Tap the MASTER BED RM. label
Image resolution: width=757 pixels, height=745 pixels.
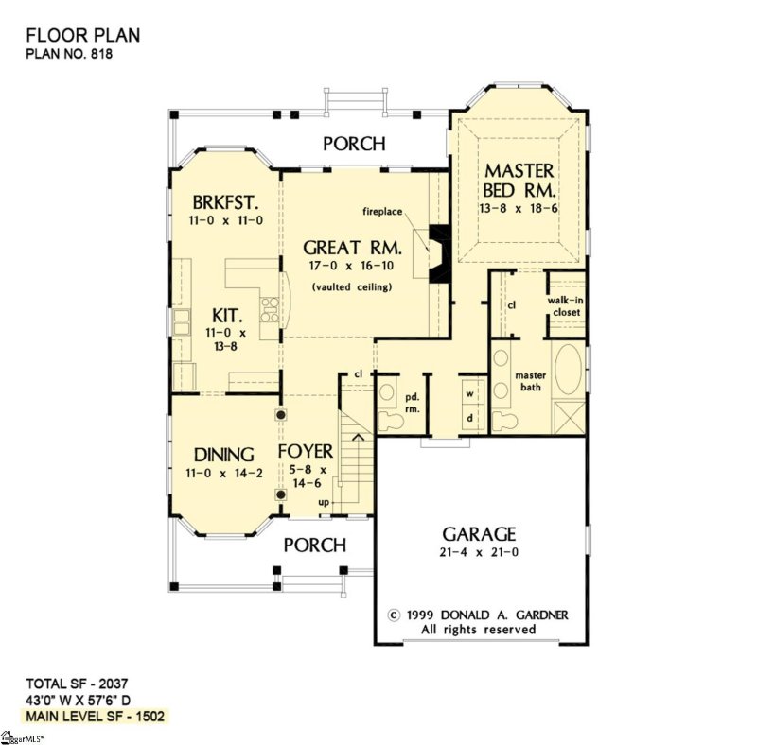click(519, 181)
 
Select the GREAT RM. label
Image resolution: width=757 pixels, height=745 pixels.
click(353, 248)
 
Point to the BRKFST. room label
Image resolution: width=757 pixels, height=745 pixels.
click(225, 203)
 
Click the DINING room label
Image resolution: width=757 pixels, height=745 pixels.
click(224, 453)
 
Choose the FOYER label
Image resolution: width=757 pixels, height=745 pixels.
click(306, 452)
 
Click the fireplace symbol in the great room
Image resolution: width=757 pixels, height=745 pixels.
click(438, 253)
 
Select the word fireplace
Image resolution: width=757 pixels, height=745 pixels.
click(391, 210)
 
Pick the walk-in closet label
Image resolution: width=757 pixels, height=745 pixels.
click(566, 304)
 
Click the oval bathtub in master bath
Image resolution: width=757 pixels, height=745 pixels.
click(568, 370)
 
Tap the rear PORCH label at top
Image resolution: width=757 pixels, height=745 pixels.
click(354, 144)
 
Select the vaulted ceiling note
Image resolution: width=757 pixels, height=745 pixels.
click(351, 286)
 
